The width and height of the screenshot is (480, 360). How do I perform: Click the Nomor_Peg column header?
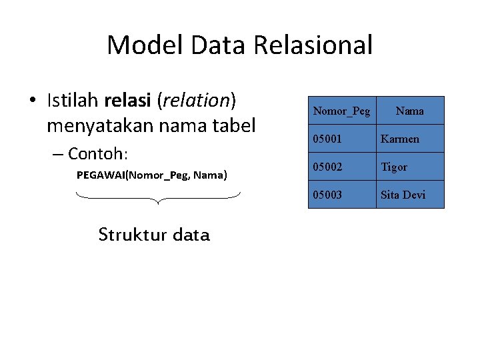[x=341, y=111]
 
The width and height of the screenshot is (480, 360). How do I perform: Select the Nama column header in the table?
[x=409, y=111]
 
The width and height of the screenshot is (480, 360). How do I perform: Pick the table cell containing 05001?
[x=341, y=139]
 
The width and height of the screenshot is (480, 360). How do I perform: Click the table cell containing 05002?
[x=341, y=167]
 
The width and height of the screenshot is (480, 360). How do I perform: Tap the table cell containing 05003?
[x=341, y=195]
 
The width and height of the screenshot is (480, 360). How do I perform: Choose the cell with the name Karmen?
[x=409, y=139]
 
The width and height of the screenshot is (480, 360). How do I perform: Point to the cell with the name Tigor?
[x=409, y=167]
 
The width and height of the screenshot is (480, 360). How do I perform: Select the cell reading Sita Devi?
[x=409, y=195]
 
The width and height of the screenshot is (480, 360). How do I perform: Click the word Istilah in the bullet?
[x=73, y=101]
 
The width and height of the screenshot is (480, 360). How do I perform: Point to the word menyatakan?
[x=98, y=125]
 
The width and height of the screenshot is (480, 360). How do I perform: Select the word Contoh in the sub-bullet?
[x=95, y=154]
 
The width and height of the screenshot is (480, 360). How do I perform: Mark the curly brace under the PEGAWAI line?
[x=158, y=197]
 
